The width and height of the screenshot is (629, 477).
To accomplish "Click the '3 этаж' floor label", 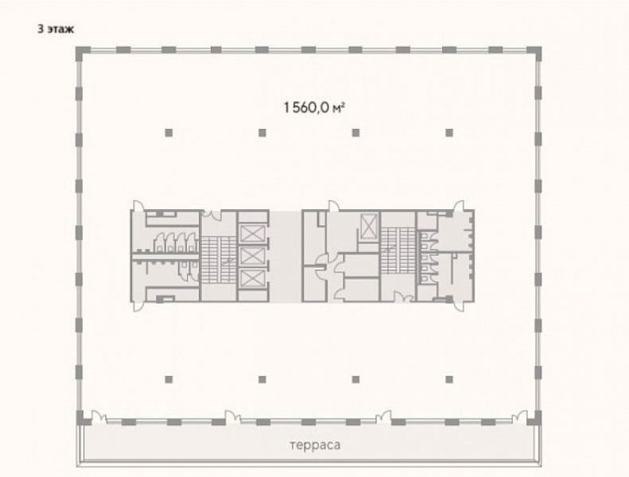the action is pyautogui.click(x=56, y=29).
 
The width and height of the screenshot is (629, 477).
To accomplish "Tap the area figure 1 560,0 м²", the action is pyautogui.click(x=315, y=107).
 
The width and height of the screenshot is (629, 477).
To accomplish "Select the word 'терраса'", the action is pyautogui.click(x=315, y=445).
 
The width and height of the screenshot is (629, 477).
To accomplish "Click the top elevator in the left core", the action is pyautogui.click(x=252, y=234).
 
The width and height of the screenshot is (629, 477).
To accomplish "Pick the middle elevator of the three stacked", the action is pyautogui.click(x=252, y=256).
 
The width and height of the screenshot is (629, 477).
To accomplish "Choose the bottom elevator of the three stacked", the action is pyautogui.click(x=252, y=278).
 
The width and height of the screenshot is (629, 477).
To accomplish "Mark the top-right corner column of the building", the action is pyautogui.click(x=534, y=53).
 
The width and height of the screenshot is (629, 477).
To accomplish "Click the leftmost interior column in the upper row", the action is pyautogui.click(x=169, y=133).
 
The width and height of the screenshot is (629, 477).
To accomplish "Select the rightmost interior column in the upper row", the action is pyautogui.click(x=449, y=133).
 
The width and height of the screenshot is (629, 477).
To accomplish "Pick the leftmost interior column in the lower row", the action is pyautogui.click(x=169, y=379).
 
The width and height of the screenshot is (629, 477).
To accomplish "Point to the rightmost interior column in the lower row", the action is pyautogui.click(x=449, y=379).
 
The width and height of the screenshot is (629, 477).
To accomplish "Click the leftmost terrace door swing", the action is pyautogui.click(x=99, y=417).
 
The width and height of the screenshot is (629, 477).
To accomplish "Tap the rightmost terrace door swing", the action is pyautogui.click(x=521, y=417).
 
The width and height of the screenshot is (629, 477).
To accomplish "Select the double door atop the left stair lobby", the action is pyautogui.click(x=212, y=214).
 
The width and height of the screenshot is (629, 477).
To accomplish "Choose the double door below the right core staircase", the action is pyautogui.click(x=404, y=297).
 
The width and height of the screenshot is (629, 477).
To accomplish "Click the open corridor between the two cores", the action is pyautogui.click(x=285, y=256).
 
